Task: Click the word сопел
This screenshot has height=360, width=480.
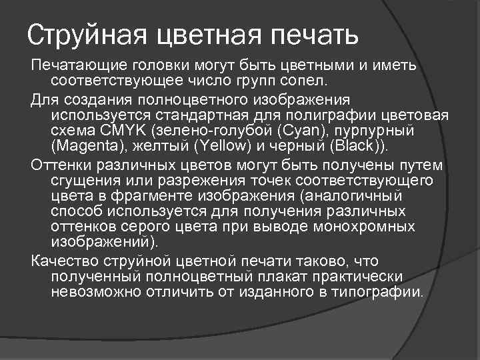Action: click(x=306, y=81)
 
